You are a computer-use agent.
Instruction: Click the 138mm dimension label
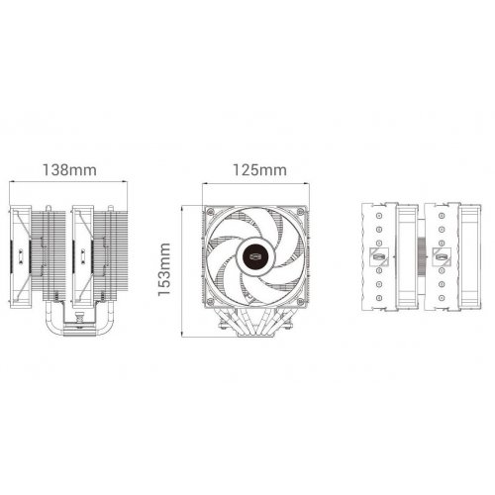(69, 170)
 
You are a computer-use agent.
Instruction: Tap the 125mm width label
(259, 170)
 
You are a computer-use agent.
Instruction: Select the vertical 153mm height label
(164, 269)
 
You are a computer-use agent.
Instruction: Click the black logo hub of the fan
(256, 255)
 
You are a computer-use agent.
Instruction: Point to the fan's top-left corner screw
(210, 211)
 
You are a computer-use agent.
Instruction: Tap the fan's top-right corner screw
(300, 211)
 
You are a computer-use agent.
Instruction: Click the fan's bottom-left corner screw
(210, 301)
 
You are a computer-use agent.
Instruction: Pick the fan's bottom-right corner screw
(300, 301)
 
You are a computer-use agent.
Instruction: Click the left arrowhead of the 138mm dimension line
(12, 181)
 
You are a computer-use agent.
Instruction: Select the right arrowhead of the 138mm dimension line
(125, 181)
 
